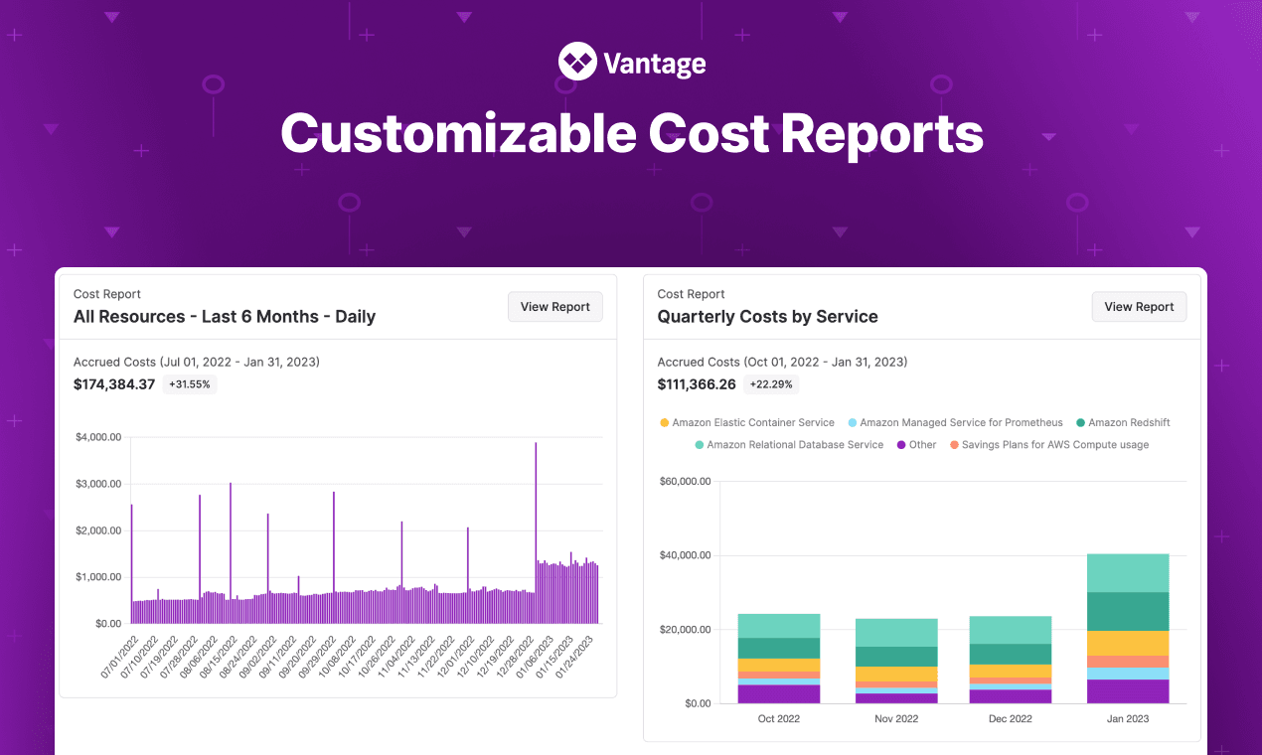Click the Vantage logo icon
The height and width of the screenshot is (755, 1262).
coord(576,62)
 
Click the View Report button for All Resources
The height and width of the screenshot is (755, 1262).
coord(554,307)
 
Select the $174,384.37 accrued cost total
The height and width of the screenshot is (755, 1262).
coord(114,384)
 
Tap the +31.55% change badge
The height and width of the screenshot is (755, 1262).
coord(189,384)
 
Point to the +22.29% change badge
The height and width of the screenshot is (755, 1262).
coord(773,384)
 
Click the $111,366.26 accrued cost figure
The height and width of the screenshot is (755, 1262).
coord(697,384)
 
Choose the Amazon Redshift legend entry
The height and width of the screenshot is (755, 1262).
coord(1123,422)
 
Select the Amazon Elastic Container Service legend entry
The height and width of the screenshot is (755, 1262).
coord(746,422)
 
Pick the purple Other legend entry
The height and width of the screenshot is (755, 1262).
coord(915,445)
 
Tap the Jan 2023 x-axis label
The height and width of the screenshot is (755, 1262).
coord(1128,718)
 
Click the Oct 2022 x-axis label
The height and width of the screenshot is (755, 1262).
coord(778,718)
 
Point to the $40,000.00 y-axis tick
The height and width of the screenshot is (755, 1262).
coord(685,555)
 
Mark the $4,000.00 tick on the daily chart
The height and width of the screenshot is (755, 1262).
coord(98,437)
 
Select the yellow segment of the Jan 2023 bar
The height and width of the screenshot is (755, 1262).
coord(1128,643)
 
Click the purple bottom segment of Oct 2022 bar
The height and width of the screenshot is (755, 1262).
coord(778,693)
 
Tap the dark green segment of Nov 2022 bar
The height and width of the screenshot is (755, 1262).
coord(896,657)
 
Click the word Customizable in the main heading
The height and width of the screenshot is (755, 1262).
coord(456,134)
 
